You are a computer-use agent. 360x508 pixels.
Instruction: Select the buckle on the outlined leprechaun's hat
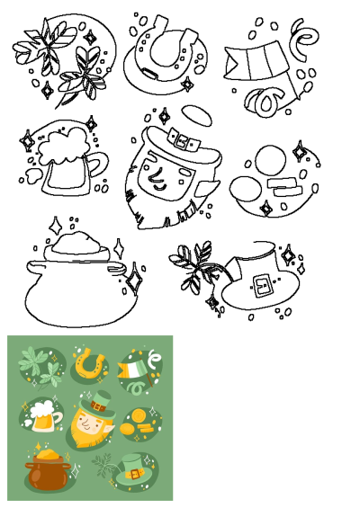(x=185, y=141)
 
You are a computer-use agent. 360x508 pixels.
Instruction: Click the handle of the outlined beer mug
(x=98, y=165)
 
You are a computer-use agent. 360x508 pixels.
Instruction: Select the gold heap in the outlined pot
(x=81, y=243)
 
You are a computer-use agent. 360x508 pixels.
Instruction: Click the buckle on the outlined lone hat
(x=262, y=285)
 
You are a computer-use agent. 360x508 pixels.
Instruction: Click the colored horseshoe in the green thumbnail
(x=89, y=363)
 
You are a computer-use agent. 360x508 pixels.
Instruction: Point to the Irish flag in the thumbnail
(x=132, y=370)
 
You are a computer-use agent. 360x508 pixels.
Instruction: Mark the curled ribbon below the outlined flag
(x=267, y=102)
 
